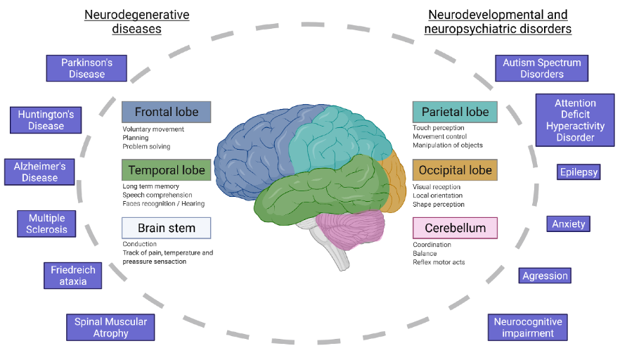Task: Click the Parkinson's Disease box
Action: point(87,68)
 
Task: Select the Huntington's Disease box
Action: point(46,120)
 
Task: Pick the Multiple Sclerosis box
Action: point(48,224)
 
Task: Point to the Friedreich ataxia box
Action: point(73,275)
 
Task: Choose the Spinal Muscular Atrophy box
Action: point(110,327)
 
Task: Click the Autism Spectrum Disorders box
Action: point(541,68)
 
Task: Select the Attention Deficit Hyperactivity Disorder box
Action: point(575,120)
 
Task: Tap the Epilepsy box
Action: point(579,172)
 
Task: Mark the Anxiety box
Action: point(568,224)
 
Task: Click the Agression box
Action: point(545,276)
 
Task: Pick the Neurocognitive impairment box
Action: point(527,327)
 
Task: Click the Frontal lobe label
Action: point(166,112)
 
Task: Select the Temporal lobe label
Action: point(166,170)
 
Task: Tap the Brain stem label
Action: point(166,228)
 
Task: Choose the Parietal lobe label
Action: point(454,112)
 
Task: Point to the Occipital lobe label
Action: point(454,170)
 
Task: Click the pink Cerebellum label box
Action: point(454,228)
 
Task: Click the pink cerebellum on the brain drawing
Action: point(350,229)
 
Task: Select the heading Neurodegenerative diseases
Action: point(136,21)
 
